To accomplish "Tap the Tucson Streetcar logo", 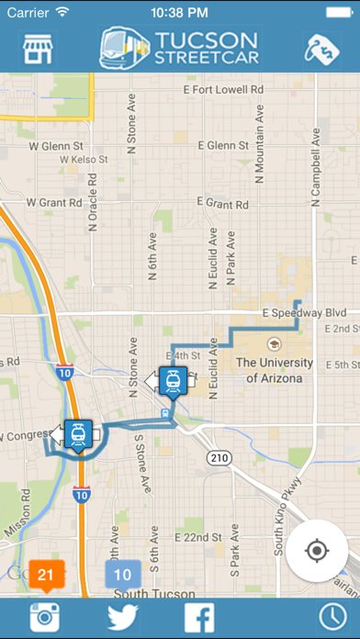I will tap(179, 50).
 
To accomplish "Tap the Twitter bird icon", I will tap(122, 616).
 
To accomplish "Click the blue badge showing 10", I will tap(122, 575).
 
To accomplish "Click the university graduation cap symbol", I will tap(273, 344).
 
